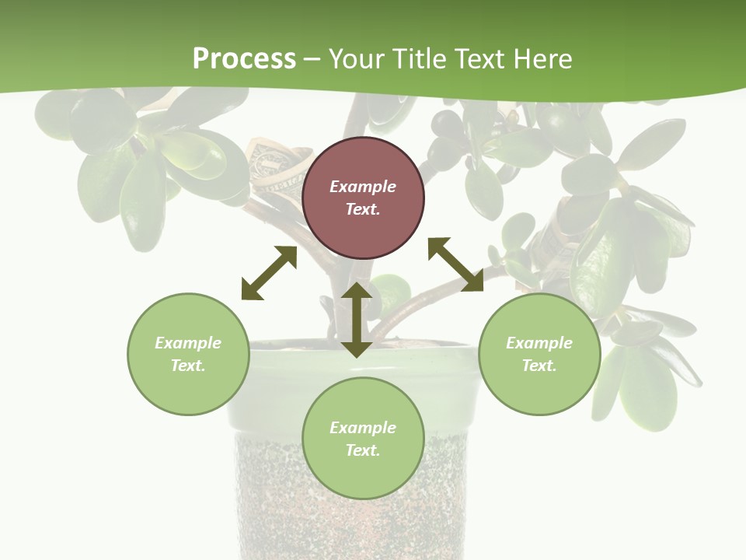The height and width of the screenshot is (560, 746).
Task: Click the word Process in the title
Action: (244, 59)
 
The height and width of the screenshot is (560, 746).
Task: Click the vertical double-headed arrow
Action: (357, 320)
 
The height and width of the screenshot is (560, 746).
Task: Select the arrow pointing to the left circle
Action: (269, 273)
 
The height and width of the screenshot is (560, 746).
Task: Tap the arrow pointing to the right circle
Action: (456, 264)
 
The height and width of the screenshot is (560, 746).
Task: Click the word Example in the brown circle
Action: (363, 187)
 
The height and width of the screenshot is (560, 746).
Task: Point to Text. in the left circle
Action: (188, 366)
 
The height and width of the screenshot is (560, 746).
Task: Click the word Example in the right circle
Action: (539, 343)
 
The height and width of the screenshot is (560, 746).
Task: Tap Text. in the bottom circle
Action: (363, 450)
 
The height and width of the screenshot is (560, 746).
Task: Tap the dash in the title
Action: (312, 60)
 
